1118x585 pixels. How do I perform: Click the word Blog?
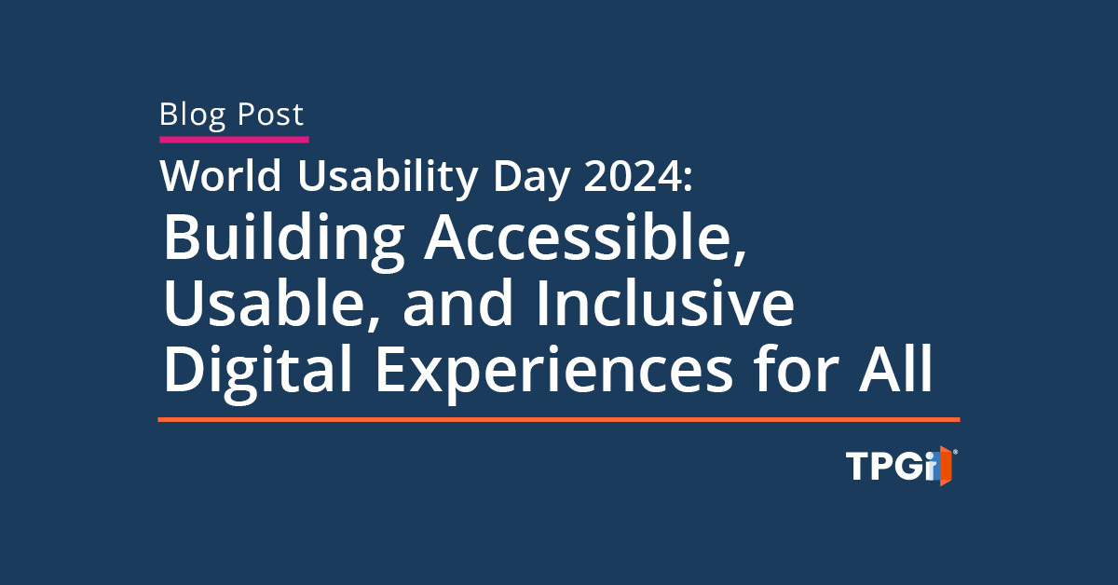click(193, 116)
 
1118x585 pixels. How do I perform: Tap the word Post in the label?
click(270, 114)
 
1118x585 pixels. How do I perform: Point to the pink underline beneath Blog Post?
click(234, 140)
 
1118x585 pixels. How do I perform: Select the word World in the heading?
click(221, 176)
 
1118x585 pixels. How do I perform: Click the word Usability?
click(389, 179)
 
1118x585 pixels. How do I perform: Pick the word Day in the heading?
click(532, 179)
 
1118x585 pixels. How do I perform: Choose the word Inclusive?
click(665, 302)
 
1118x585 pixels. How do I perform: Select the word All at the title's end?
click(895, 368)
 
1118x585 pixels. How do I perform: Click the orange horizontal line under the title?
click(559, 420)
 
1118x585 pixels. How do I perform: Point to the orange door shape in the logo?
click(947, 466)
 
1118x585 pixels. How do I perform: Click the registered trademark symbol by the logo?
click(955, 452)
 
